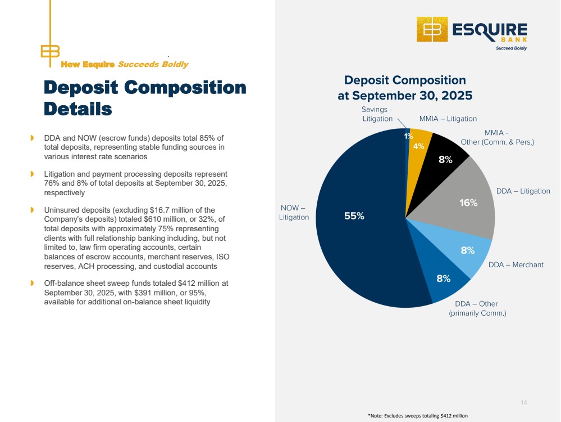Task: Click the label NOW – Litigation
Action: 294,213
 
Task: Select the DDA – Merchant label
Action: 516,264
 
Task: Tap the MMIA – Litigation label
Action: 448,119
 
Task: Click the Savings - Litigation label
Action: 377,114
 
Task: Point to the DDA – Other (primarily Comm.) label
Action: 477,308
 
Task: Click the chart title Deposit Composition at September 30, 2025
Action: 404,88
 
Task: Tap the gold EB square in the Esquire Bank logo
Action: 432,29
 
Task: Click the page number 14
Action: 524,402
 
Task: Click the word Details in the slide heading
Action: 78,109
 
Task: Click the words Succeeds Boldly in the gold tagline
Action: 153,65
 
